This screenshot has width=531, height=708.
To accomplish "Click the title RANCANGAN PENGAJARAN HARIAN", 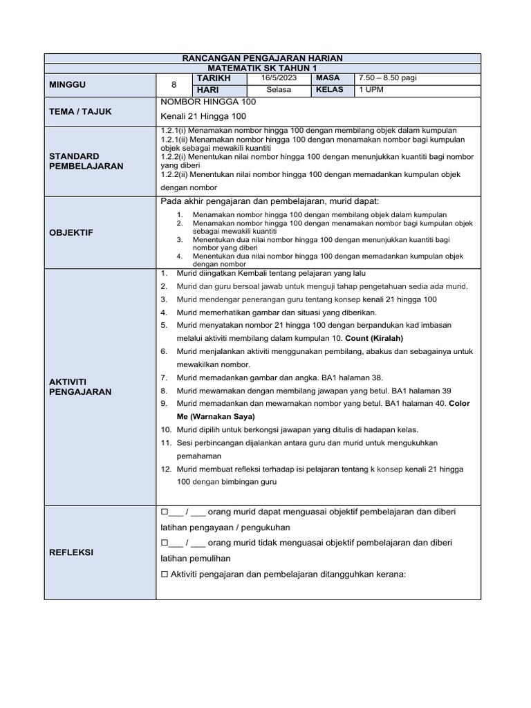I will [x=266, y=59].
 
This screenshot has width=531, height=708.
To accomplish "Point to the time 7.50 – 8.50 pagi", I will [x=386, y=79].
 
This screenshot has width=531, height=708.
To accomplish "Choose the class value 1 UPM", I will [x=372, y=90].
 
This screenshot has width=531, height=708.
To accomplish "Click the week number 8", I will [x=174, y=84].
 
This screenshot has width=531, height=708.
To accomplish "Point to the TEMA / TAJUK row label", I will [x=80, y=111].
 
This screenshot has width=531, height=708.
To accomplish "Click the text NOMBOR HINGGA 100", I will [x=208, y=102].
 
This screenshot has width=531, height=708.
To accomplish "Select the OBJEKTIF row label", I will [x=70, y=233].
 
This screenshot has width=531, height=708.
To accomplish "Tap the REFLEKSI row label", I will [x=71, y=552].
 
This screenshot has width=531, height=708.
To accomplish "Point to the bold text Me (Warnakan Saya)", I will [x=216, y=416].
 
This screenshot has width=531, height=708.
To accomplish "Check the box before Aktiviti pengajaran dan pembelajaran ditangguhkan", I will [x=165, y=574].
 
